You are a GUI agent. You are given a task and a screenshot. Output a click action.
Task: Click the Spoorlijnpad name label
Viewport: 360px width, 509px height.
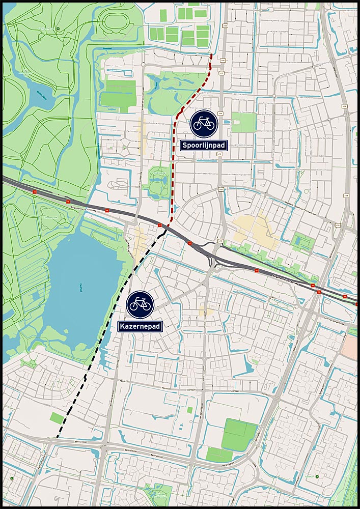pyautogui.click(x=204, y=145)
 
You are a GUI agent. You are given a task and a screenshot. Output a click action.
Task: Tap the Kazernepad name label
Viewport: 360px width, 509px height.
pyautogui.click(x=140, y=326)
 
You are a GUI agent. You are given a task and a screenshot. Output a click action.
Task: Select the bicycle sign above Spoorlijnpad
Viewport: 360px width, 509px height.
pyautogui.click(x=204, y=123)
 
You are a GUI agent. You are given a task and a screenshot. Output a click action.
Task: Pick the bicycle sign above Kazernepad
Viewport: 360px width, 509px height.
pyautogui.click(x=140, y=304)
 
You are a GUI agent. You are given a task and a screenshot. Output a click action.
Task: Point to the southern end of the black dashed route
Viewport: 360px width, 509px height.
pyautogui.click(x=57, y=437)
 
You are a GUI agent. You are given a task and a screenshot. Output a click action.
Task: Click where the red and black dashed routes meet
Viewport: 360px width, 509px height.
pyautogui.click(x=167, y=230)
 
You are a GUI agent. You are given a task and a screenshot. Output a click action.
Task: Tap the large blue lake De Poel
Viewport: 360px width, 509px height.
pyautogui.click(x=81, y=285)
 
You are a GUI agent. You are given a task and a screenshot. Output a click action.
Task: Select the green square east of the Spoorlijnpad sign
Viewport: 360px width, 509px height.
pyautogui.click(x=244, y=122)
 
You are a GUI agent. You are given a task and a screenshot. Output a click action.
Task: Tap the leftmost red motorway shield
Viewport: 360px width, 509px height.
pyautogui.click(x=35, y=191)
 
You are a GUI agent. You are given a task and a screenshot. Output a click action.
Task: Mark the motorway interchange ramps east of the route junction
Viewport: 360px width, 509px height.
pyautogui.click(x=214, y=254)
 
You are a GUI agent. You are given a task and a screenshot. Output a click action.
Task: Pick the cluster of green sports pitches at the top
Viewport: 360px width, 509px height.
pyautogui.click(x=181, y=28)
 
